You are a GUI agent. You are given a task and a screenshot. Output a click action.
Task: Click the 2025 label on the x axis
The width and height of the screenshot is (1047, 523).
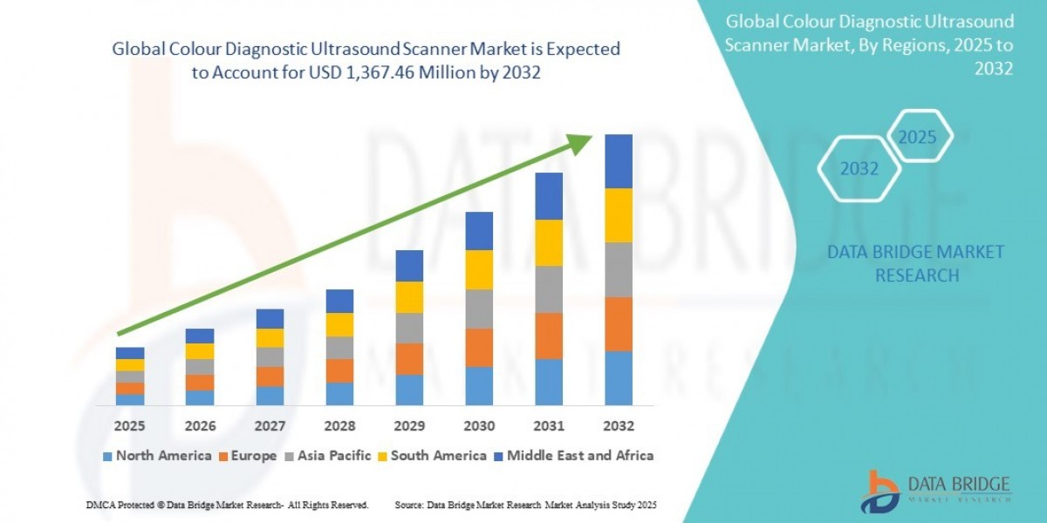pyautogui.click(x=130, y=426)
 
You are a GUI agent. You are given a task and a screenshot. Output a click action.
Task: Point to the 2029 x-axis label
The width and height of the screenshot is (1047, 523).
pyautogui.click(x=409, y=426)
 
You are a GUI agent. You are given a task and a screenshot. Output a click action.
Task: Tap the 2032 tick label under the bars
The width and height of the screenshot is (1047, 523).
pyautogui.click(x=618, y=426)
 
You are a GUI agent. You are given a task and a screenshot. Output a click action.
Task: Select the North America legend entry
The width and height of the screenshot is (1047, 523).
pyautogui.click(x=156, y=456)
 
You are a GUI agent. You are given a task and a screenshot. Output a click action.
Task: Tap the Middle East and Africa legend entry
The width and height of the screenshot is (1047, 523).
pyautogui.click(x=574, y=456)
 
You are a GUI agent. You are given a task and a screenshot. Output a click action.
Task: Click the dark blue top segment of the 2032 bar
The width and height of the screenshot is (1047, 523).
pyautogui.click(x=618, y=161)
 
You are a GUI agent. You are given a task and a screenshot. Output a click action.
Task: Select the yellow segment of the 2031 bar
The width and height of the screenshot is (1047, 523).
pyautogui.click(x=549, y=242)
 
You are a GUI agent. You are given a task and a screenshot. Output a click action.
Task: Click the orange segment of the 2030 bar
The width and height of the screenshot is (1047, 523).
pyautogui.click(x=479, y=347)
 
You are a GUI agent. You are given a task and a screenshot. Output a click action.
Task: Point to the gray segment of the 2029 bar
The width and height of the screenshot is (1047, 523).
pyautogui.click(x=409, y=328)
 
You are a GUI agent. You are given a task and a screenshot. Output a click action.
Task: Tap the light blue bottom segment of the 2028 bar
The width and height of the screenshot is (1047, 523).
pyautogui.click(x=339, y=394)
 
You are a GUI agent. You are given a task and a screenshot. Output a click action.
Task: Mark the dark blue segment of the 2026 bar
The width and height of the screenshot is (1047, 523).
pyautogui.click(x=200, y=336)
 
